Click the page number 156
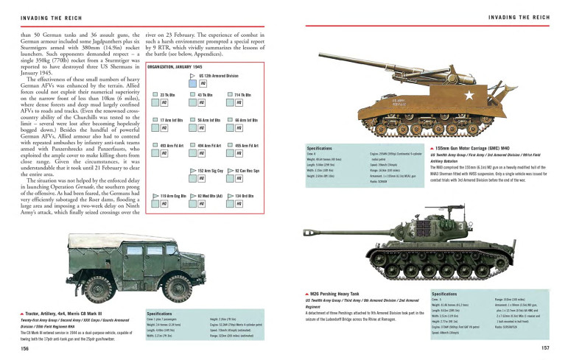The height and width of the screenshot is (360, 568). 24,349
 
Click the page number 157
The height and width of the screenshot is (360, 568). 544,349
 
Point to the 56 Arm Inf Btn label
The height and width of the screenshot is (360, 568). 208,119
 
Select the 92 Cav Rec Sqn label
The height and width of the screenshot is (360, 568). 247,170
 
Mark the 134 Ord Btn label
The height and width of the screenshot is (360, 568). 244,196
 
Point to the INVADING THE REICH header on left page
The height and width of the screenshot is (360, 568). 48,15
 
